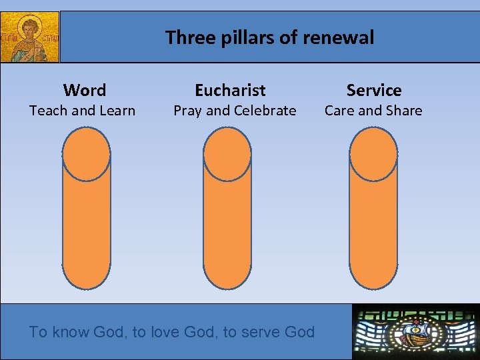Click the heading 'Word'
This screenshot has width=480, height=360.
[85, 90]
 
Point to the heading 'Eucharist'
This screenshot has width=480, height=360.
[230, 90]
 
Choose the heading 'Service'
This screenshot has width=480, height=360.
[374, 90]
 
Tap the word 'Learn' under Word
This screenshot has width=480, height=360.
[117, 111]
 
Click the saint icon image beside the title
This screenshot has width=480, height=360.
[30, 37]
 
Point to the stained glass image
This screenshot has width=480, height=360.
[415, 331]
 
